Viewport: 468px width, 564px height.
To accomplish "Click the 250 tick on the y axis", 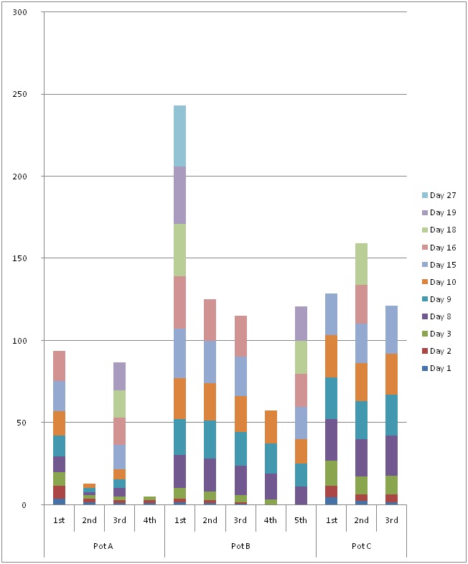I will pos(29,95).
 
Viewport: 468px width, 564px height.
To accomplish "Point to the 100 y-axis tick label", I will pos(29,341).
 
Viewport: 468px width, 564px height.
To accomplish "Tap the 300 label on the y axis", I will pos(29,13).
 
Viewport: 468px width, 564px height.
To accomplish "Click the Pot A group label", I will pos(104,545).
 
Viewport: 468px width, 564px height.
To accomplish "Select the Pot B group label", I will pos(240,545).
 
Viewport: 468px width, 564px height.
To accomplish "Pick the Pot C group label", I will pos(361,545).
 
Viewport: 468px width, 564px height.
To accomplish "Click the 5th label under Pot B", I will pos(301,520).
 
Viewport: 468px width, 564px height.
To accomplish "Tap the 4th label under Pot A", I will pos(149,520).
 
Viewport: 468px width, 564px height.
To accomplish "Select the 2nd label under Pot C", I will pos(361,520).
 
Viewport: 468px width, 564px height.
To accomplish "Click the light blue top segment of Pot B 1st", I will pos(179,136).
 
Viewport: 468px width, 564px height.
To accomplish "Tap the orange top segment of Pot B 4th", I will pos(271,427).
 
